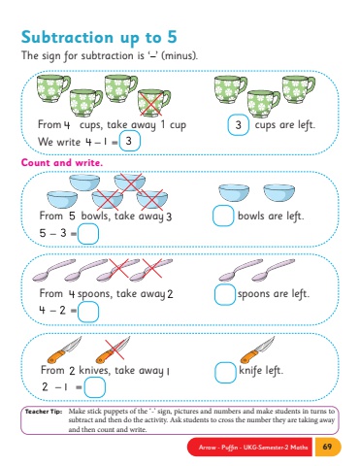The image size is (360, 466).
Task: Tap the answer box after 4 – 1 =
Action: click(129, 141)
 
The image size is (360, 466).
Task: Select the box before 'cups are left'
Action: click(238, 124)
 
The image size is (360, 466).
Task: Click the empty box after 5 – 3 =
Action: click(88, 233)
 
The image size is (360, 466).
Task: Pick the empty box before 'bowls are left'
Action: click(223, 216)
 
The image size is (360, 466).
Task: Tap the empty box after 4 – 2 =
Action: click(88, 312)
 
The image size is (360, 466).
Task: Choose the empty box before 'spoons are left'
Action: click(225, 294)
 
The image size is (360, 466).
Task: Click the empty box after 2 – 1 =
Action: click(95, 387)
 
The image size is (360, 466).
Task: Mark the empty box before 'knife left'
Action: click(225, 373)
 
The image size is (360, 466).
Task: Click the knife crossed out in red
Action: click(114, 349)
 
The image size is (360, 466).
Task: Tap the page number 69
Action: click(327, 447)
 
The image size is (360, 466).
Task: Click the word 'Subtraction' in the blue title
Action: click(67, 37)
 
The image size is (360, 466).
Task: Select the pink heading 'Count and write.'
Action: click(62, 162)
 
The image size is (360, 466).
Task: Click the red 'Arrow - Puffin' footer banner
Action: click(249, 448)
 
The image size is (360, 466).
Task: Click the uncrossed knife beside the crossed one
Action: click(64, 349)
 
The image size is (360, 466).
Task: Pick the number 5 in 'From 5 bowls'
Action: click(72, 216)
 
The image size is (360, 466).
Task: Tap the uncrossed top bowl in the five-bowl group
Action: click(84, 183)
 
